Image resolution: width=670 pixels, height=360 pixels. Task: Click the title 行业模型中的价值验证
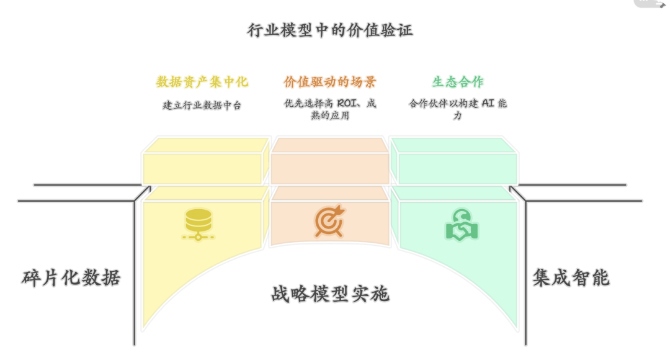pyautogui.click(x=329, y=30)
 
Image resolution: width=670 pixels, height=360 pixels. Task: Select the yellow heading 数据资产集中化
pyautogui.click(x=202, y=82)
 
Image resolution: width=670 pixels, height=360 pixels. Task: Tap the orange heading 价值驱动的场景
pyautogui.click(x=329, y=82)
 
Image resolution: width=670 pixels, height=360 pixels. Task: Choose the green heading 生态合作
pyautogui.click(x=458, y=82)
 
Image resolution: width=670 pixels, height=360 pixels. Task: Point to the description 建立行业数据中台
pyautogui.click(x=202, y=105)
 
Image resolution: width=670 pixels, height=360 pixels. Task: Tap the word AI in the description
pyautogui.click(x=488, y=104)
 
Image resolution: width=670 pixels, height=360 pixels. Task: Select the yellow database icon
pyautogui.click(x=199, y=224)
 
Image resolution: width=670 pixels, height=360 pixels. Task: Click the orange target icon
pyautogui.click(x=329, y=222)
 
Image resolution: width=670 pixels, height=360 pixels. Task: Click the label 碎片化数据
pyautogui.click(x=70, y=277)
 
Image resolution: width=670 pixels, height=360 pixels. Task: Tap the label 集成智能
pyautogui.click(x=571, y=277)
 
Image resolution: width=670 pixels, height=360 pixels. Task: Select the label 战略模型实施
pyautogui.click(x=329, y=294)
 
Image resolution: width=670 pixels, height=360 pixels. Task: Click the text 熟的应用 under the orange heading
pyautogui.click(x=329, y=115)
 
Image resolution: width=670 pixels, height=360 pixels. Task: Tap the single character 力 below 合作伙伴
pyautogui.click(x=457, y=115)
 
